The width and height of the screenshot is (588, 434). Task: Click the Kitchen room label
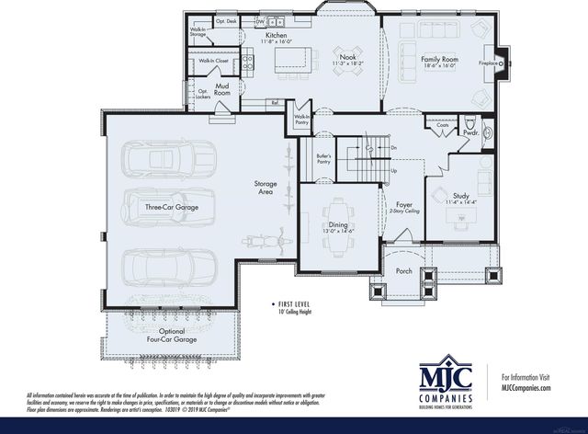265,36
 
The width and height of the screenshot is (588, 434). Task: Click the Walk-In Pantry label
300,120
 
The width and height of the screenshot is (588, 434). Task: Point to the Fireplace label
489,64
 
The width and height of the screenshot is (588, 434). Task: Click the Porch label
403,270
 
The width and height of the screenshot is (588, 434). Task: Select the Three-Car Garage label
171,208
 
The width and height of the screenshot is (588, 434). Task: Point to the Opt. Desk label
226,20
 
